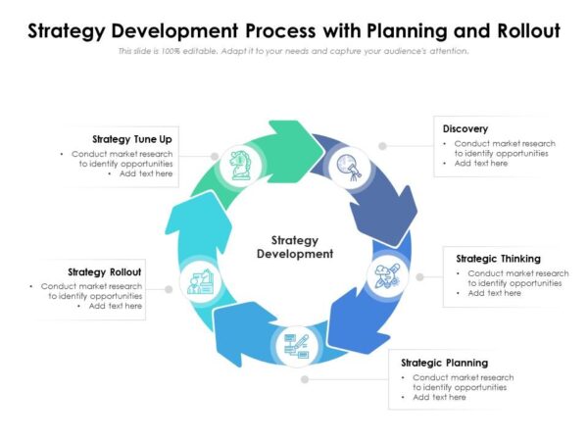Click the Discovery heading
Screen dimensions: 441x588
click(465, 129)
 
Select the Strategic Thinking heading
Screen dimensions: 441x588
click(498, 259)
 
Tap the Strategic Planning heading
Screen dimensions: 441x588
click(444, 363)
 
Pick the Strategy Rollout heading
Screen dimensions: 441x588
click(105, 271)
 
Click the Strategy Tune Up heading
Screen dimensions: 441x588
click(132, 139)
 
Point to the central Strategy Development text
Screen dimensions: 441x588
click(294, 247)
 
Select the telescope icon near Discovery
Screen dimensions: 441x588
click(347, 166)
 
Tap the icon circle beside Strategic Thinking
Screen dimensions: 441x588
click(386, 275)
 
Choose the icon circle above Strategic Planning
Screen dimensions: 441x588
click(295, 344)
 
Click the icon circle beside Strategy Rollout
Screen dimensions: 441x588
click(201, 284)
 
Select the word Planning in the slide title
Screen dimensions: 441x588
click(380, 30)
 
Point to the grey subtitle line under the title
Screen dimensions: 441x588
click(294, 51)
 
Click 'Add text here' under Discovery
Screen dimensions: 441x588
click(481, 164)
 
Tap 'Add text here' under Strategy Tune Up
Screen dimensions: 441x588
click(146, 173)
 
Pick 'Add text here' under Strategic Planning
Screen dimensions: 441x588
click(439, 397)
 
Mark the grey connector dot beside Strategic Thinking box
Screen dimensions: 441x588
click(420, 277)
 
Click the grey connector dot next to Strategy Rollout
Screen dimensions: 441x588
click(169, 289)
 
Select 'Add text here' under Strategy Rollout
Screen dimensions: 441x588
click(116, 306)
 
